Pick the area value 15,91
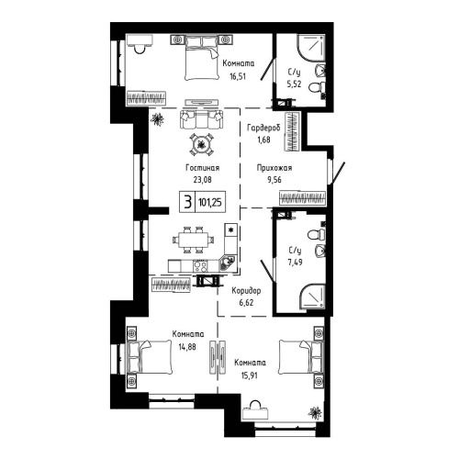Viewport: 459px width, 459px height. (248, 373)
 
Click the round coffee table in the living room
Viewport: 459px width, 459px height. (202, 143)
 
